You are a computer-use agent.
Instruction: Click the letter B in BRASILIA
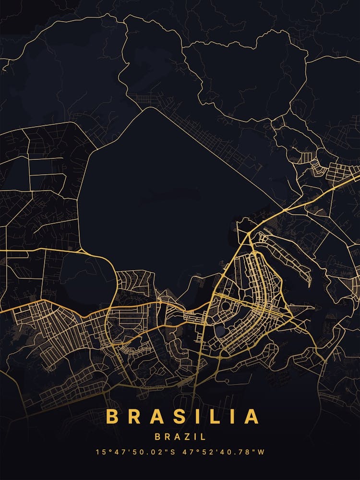[112, 417]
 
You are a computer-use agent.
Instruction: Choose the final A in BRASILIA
[251, 417]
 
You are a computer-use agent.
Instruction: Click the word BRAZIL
[180, 437]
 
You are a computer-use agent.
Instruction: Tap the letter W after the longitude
[262, 452]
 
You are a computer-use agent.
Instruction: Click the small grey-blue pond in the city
[220, 331]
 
